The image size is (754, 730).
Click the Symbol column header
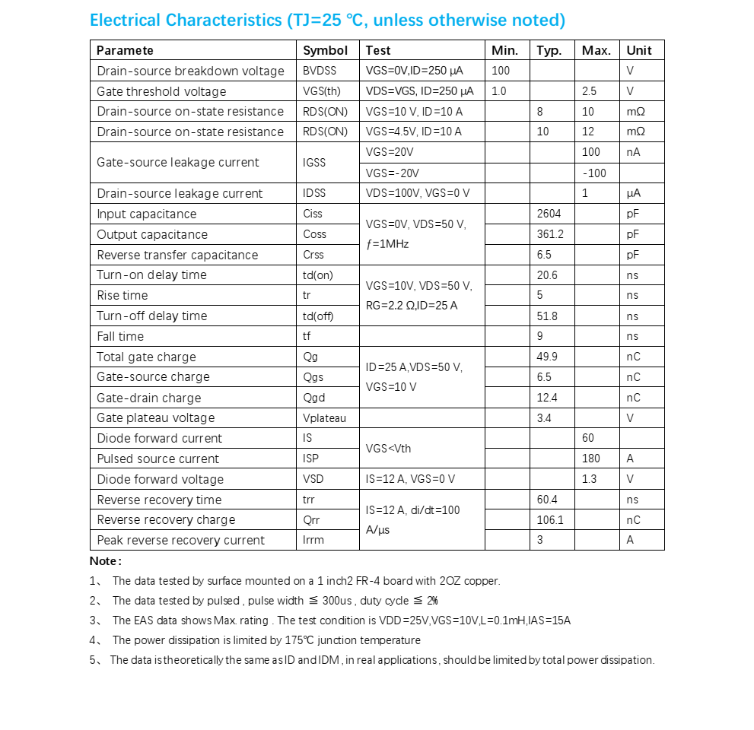point(325,50)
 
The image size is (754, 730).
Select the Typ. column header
point(549,50)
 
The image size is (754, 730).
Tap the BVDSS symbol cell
point(320,71)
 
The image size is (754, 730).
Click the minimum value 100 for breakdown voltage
point(501,71)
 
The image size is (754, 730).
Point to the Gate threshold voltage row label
point(161,91)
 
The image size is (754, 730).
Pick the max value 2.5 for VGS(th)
point(589,91)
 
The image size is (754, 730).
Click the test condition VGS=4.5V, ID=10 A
point(413,132)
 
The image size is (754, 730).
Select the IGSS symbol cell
point(314,162)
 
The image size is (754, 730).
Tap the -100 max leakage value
point(594,173)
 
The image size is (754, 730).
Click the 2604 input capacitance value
point(549,214)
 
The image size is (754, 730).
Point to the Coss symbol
point(314,234)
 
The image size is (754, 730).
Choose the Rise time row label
point(122,295)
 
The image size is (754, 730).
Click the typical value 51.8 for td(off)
point(547,316)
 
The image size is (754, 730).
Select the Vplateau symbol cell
point(324,417)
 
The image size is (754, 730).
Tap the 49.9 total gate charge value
point(547,357)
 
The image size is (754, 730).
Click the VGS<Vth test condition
point(388,449)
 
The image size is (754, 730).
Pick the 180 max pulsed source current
point(590,459)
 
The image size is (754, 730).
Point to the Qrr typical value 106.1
point(550,520)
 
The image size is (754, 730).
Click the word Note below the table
point(104,561)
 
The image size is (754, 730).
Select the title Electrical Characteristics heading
point(327,21)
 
